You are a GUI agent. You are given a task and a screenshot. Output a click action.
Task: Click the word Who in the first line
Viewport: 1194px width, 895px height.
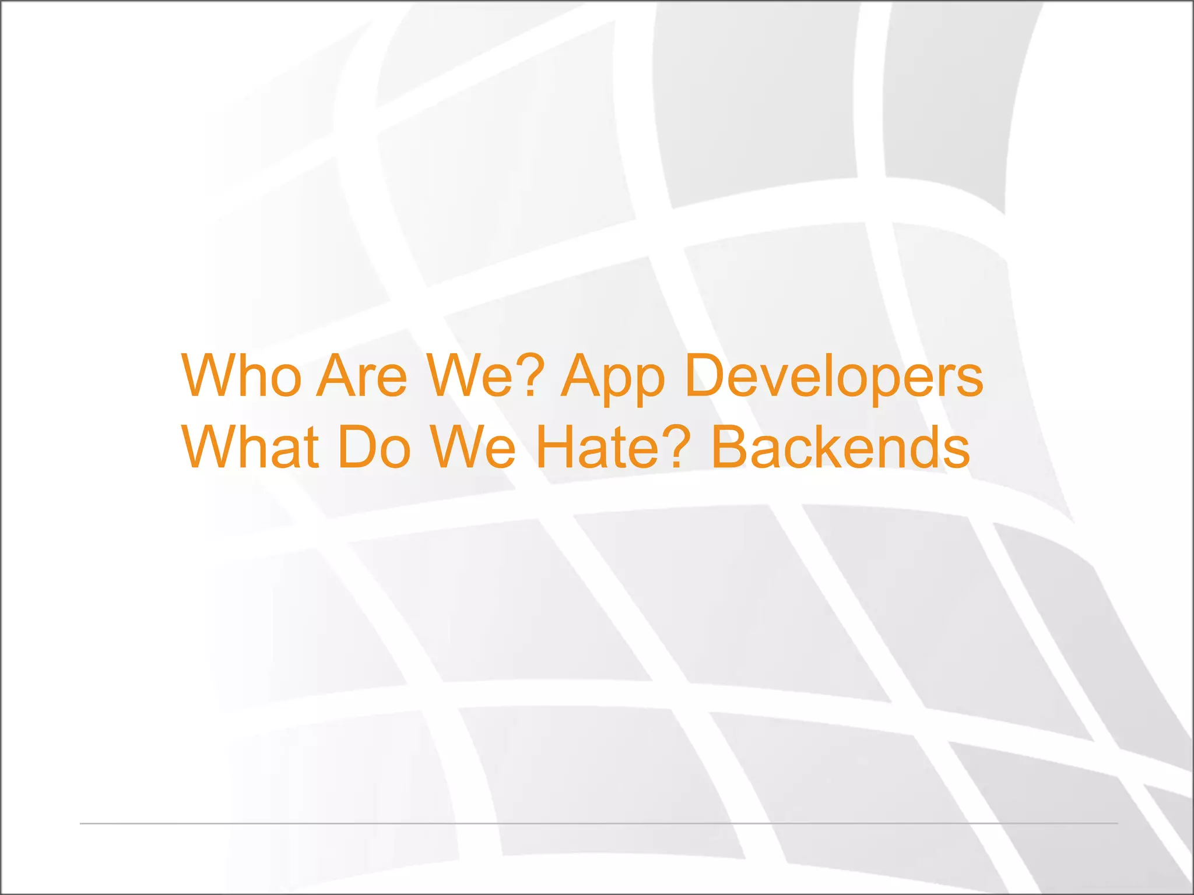(x=241, y=376)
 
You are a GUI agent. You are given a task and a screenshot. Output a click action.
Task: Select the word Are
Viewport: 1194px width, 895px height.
(x=361, y=376)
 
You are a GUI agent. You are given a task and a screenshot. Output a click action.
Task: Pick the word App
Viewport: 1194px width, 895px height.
(x=612, y=379)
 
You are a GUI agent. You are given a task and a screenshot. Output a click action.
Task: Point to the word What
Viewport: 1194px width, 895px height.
(x=251, y=447)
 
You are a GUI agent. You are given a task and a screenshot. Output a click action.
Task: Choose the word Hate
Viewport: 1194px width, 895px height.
(x=600, y=447)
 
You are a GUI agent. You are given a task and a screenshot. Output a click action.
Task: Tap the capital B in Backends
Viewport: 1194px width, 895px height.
(x=731, y=447)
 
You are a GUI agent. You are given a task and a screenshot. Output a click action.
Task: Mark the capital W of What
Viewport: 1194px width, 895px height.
(x=209, y=447)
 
